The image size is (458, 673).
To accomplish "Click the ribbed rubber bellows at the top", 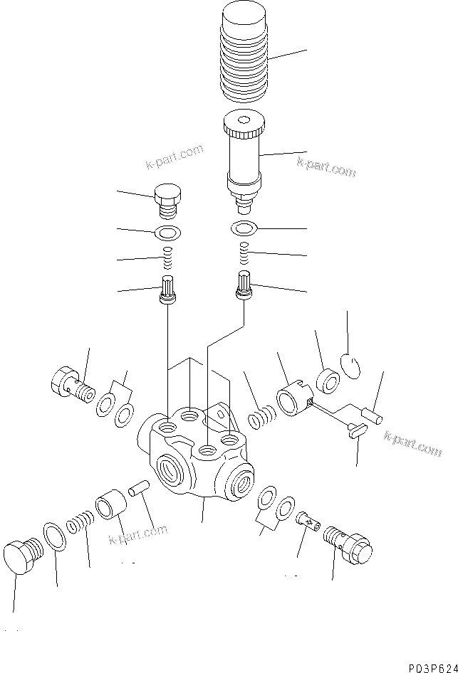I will pos(245,57).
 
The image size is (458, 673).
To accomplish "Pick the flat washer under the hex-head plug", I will pos(168,232).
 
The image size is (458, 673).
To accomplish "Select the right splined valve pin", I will pos(244,287).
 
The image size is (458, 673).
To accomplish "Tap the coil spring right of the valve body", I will pos(261,417).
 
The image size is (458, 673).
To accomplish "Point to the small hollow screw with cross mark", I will pos(306,523).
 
